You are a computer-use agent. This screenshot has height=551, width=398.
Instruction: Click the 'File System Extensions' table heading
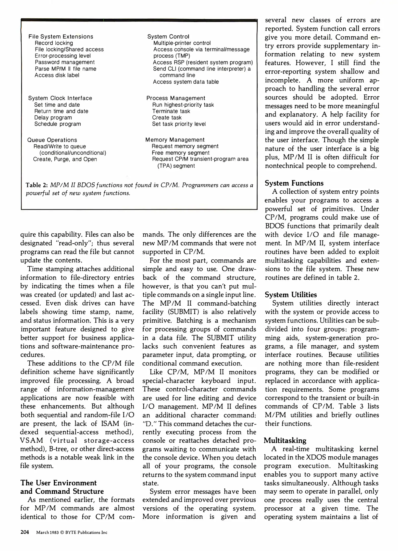coord(61,36)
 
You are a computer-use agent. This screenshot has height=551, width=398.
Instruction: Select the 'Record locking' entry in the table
coord(54,43)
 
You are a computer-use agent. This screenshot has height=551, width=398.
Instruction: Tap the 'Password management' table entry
coord(65,62)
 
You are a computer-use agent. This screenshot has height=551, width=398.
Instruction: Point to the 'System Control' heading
coord(168,36)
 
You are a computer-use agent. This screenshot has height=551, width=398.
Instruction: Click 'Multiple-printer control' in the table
coord(182,43)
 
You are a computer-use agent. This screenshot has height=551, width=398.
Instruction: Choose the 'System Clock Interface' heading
coord(60,98)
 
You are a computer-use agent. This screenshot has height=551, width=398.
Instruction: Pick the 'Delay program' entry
coord(53,118)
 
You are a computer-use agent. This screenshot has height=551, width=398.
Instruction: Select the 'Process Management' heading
coord(176,98)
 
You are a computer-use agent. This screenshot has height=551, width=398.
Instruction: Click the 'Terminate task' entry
coord(171,111)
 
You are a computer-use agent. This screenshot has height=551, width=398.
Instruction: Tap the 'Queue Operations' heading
coord(52,140)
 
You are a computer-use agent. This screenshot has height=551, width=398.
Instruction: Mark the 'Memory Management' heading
coord(175,140)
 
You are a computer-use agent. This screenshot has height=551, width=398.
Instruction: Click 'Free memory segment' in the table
coord(180,153)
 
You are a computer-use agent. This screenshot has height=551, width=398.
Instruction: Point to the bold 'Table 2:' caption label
coord(37,185)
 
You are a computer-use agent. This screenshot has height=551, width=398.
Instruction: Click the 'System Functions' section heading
coord(294,183)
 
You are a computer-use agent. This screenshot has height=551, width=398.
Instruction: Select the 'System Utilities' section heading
coord(291,295)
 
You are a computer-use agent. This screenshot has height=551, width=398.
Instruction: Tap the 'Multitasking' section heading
coord(285,441)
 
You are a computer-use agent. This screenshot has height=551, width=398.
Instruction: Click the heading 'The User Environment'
coord(58,483)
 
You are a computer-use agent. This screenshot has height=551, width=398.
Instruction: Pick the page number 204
coord(25,532)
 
